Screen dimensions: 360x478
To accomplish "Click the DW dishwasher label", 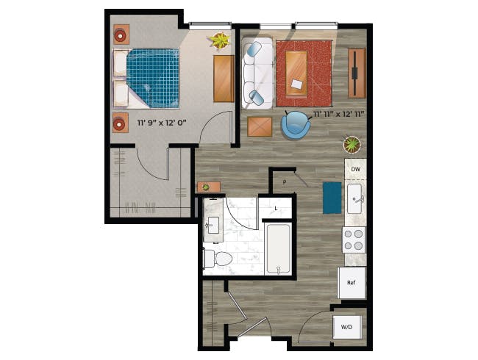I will [x=355, y=170].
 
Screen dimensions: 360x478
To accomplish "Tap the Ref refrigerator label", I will [x=352, y=282].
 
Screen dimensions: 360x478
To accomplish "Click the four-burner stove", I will [x=354, y=240].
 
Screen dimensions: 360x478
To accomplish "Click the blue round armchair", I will [x=296, y=125].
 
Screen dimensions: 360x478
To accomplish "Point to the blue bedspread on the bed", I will [x=153, y=77].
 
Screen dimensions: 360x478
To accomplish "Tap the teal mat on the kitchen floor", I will [x=332, y=197].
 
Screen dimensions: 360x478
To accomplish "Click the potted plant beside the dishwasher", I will [x=353, y=144].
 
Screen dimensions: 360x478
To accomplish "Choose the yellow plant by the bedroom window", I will [x=220, y=40].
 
